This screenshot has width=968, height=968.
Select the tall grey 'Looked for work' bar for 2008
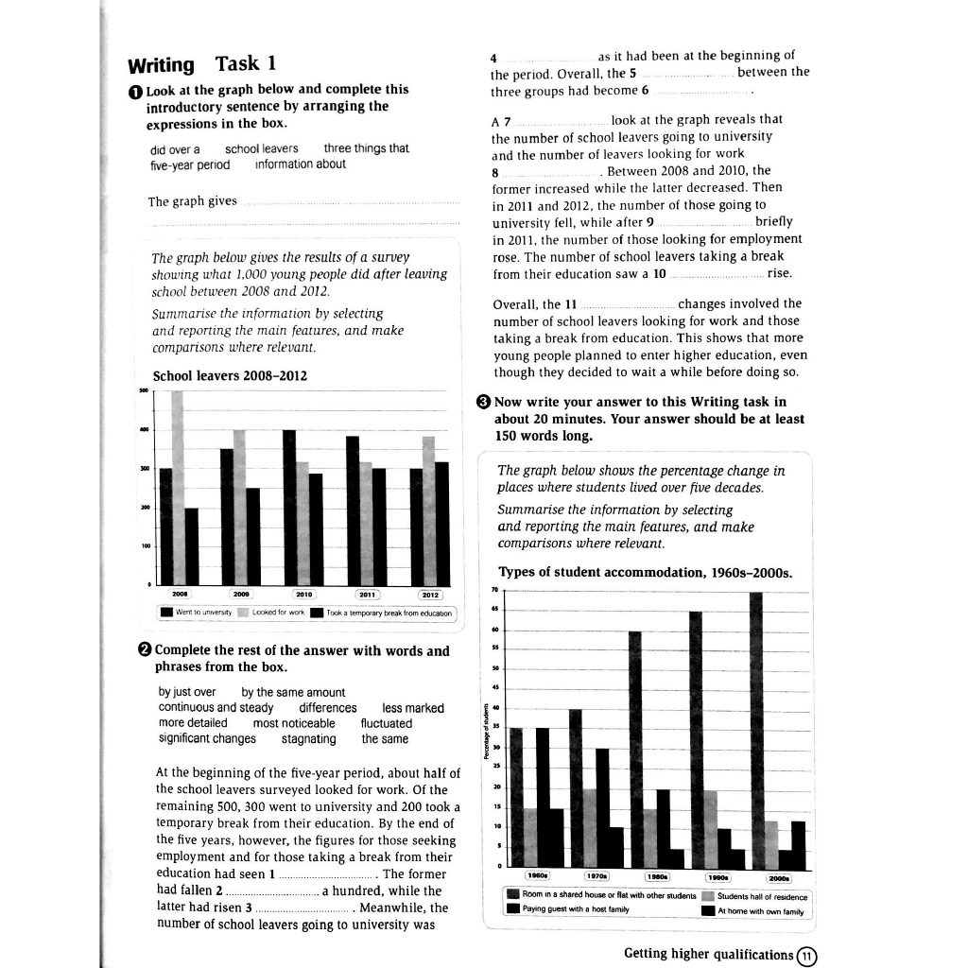(x=177, y=487)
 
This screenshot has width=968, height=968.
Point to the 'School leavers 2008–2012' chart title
(x=230, y=375)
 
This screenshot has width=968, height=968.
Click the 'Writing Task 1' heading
(x=201, y=64)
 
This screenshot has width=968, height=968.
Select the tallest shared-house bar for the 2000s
(x=755, y=729)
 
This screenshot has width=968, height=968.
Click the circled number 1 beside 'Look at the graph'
(x=135, y=90)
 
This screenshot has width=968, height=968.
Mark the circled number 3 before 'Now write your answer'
(x=484, y=402)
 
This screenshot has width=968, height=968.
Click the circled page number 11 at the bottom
(x=806, y=954)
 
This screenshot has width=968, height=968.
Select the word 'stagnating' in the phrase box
(x=308, y=738)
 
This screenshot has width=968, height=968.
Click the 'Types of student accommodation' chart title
(x=645, y=573)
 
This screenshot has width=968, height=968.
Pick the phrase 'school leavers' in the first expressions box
(x=261, y=148)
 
